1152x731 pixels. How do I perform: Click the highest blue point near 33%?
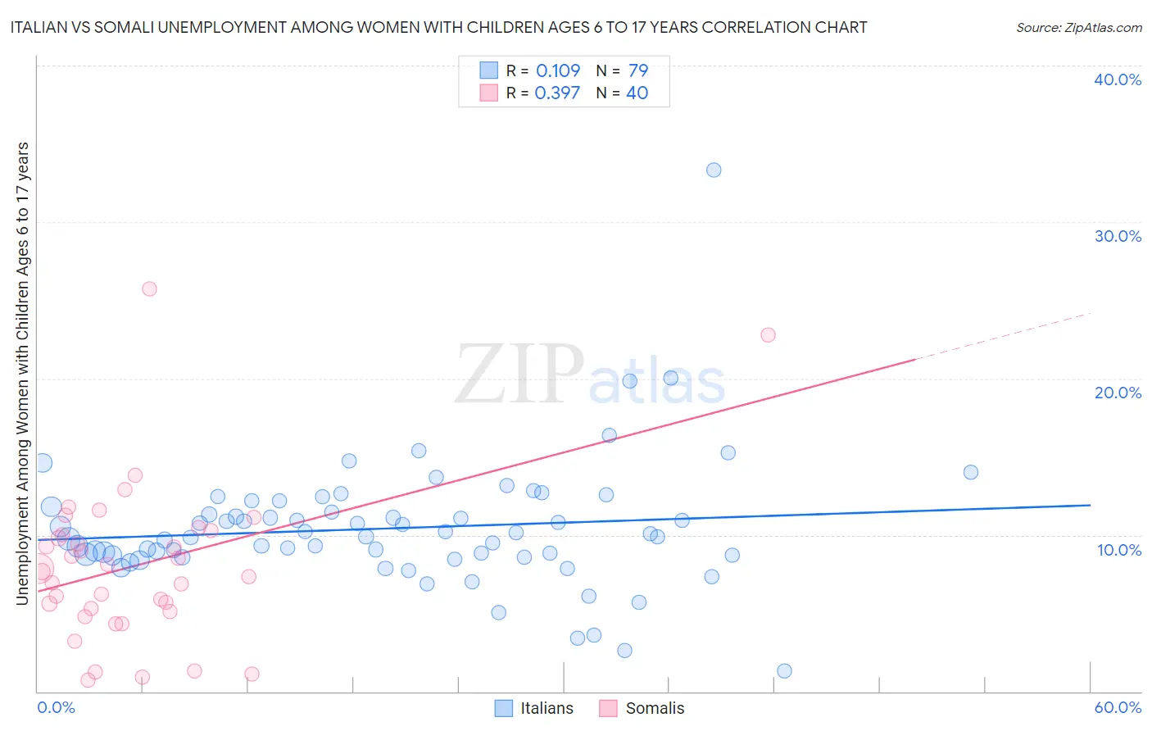(x=714, y=170)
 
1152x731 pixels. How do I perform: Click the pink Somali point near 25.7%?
(x=149, y=288)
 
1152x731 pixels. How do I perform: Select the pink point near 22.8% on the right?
(x=768, y=334)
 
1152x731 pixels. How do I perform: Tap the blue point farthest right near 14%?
(x=971, y=472)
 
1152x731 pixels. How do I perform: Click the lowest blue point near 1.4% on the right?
(x=784, y=670)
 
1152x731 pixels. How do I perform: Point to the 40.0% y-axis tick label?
(x=1118, y=79)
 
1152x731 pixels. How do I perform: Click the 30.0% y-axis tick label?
(x=1118, y=236)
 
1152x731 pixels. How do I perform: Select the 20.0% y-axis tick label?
(x=1118, y=393)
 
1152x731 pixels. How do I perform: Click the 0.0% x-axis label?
(x=56, y=707)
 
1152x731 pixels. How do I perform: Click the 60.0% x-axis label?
(x=1118, y=707)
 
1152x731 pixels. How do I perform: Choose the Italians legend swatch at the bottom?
(x=504, y=708)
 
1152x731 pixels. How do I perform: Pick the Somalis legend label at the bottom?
(x=655, y=708)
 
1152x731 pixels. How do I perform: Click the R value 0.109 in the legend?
(x=557, y=70)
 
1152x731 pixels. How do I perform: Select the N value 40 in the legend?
(x=637, y=93)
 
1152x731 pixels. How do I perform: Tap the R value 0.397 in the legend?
(x=557, y=93)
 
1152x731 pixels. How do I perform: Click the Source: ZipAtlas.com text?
(x=1078, y=27)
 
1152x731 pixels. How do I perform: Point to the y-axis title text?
(x=22, y=373)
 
